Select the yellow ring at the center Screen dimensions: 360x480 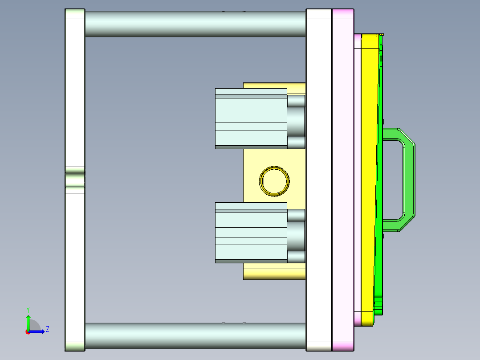pos(274,181)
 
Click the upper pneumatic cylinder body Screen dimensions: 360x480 pos(251,118)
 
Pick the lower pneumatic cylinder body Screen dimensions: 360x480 pos(251,232)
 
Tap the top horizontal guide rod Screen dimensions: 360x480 pos(195,24)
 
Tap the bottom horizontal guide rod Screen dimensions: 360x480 pos(195,335)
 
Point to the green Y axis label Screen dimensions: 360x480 pos(28,309)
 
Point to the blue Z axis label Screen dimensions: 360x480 pos(47,329)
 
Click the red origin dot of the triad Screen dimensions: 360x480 pos(28,331)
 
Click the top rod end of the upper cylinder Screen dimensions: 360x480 pos(296,101)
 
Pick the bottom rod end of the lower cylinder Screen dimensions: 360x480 pos(296,256)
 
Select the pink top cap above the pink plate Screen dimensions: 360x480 pos(343,14)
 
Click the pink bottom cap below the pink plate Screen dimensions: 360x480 pos(343,345)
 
